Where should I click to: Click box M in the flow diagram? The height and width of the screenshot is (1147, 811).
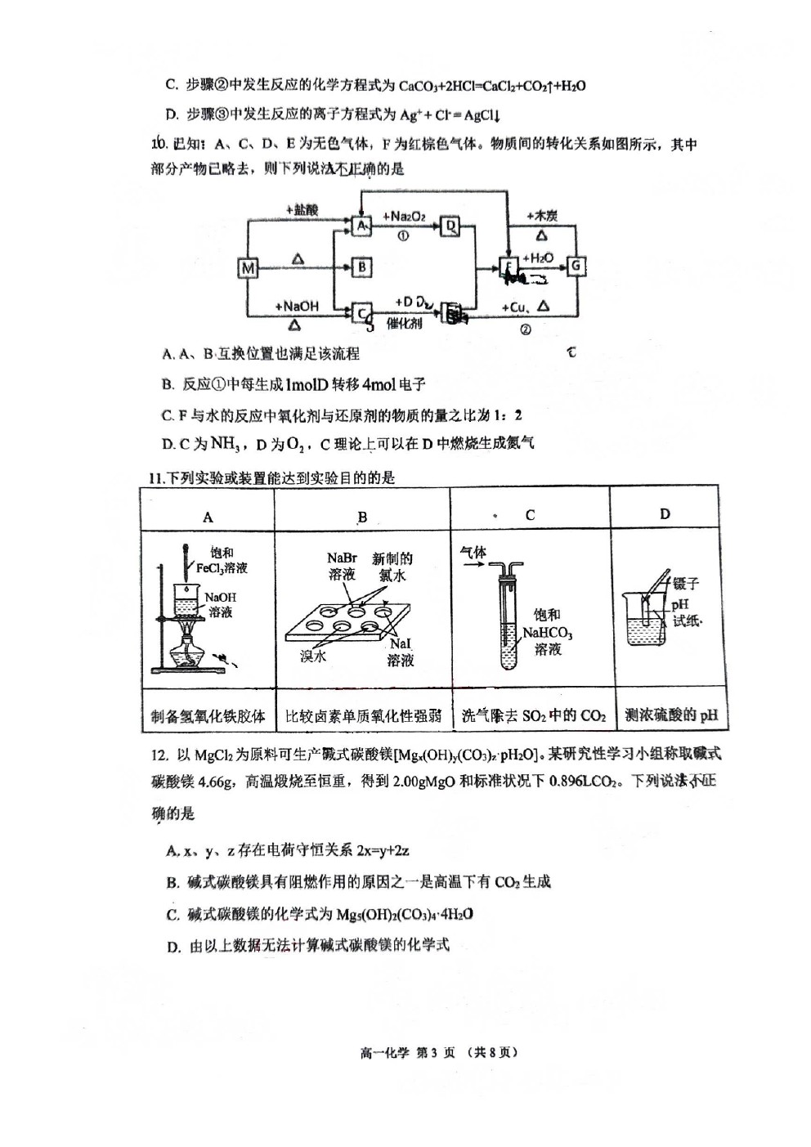[248, 267]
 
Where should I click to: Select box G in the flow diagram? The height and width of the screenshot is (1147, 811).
[576, 265]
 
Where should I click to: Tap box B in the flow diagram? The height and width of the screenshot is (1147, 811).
[362, 267]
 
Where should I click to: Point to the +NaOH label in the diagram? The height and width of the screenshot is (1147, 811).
[296, 306]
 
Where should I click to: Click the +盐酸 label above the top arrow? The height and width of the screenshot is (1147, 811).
[302, 210]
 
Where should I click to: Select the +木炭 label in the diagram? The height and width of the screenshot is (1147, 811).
[542, 216]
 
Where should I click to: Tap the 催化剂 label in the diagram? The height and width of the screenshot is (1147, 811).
[404, 324]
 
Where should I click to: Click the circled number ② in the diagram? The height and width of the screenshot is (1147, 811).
[526, 329]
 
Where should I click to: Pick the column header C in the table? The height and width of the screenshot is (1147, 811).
[530, 515]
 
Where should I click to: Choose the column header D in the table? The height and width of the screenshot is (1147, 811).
[665, 514]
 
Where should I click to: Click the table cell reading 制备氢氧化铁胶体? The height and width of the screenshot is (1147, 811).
[208, 716]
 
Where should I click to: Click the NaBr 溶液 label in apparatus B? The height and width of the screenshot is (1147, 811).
[342, 566]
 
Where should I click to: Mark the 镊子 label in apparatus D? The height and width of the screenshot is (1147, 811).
[686, 584]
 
